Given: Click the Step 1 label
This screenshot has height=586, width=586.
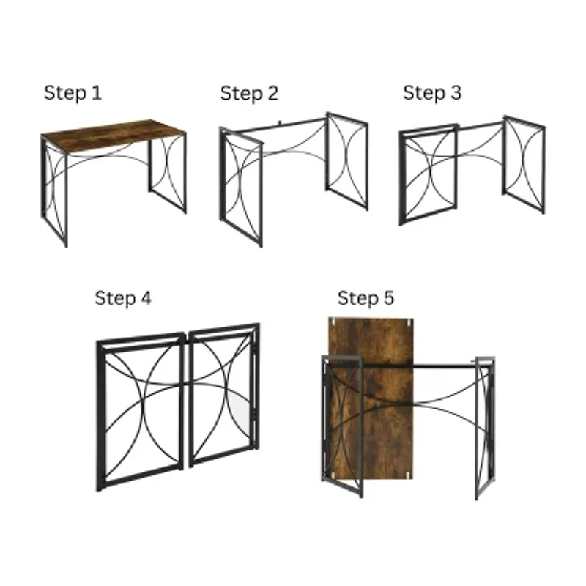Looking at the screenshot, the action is [x=73, y=94].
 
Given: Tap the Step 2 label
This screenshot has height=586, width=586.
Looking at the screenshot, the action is [x=249, y=94].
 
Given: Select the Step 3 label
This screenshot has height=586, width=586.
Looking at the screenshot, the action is [x=432, y=93].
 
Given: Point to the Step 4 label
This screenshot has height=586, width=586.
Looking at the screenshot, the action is [x=123, y=298].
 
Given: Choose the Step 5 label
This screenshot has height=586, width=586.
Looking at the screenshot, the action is [x=366, y=298].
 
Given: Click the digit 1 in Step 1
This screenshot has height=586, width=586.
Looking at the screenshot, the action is [x=97, y=93].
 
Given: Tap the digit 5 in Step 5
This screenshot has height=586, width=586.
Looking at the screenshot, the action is [x=388, y=298].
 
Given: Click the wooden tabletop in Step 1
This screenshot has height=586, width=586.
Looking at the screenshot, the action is [x=114, y=136].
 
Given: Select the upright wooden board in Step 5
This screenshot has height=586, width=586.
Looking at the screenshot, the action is [x=371, y=398].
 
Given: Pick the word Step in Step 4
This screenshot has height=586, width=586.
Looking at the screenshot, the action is [x=116, y=299].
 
